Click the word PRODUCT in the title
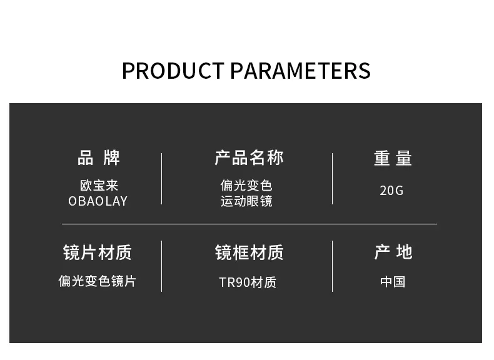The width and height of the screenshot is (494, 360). tap(173, 71)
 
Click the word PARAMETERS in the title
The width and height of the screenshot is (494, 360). tap(301, 71)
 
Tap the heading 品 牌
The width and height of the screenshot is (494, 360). tap(99, 157)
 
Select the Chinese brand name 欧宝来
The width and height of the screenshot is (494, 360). tap(99, 186)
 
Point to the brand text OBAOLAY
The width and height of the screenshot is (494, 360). tap(98, 201)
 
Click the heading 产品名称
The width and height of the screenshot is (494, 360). tap(249, 157)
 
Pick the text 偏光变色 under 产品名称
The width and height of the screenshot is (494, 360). tap(246, 186)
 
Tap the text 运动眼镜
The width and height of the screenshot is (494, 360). tap(246, 201)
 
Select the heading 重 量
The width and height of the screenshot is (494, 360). tap(393, 157)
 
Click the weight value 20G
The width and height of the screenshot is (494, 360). tap(391, 191)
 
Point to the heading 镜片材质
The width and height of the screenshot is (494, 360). tap(98, 252)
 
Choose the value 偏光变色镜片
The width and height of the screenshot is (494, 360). tap(97, 281)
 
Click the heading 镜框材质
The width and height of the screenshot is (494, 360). tap(250, 252)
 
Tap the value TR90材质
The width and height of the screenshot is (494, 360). tap(248, 282)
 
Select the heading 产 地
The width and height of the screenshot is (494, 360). tap(393, 252)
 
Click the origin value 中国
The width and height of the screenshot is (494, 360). tap(393, 282)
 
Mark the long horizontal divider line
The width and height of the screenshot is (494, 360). tap(250, 224)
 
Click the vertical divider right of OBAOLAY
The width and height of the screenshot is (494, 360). tap(161, 179)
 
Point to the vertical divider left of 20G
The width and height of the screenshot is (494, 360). tap(333, 179)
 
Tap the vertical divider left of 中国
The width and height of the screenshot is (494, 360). tap(333, 266)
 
